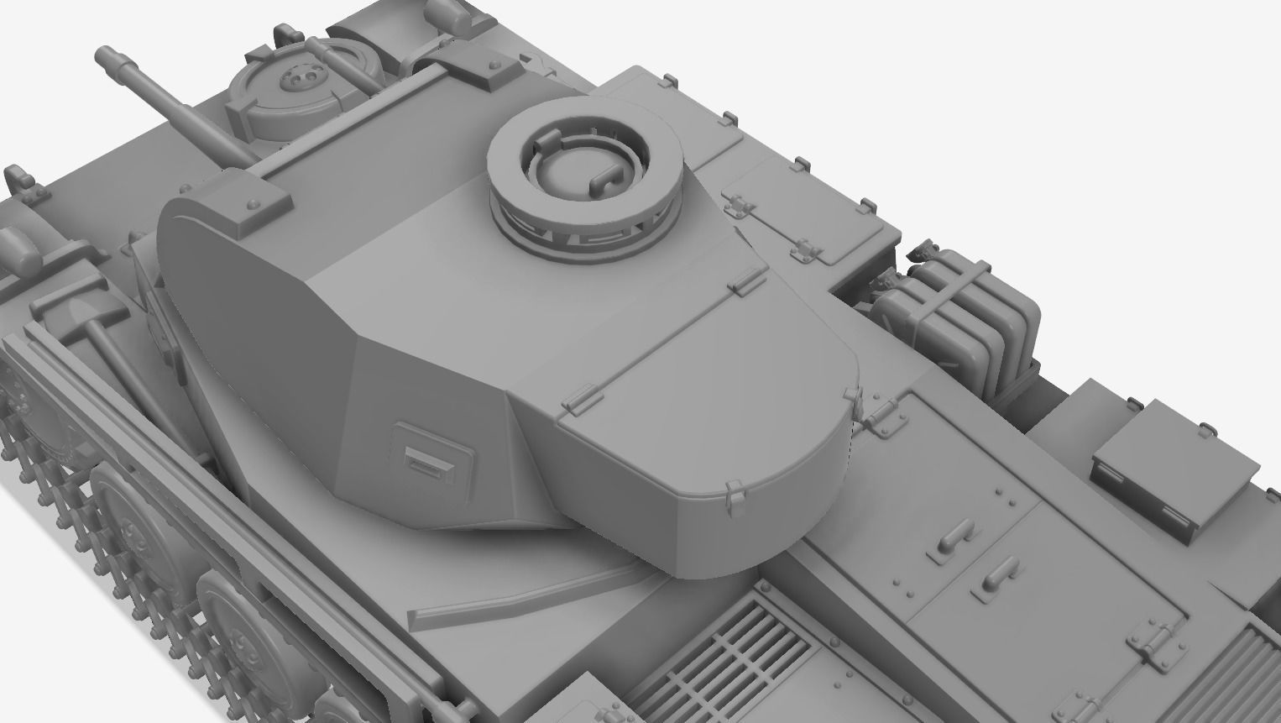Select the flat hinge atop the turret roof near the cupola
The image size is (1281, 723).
click(x=744, y=282)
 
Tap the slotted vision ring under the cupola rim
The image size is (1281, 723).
click(x=588, y=230)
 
